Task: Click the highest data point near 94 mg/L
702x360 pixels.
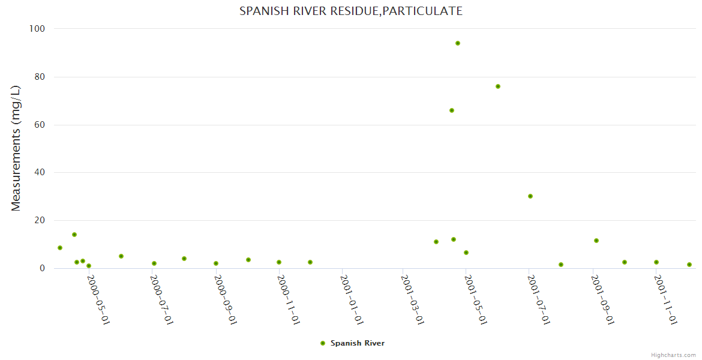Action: (458, 43)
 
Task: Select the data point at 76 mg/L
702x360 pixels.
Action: (498, 86)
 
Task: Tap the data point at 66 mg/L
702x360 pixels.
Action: (452, 110)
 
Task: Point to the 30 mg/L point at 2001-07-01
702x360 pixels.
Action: (530, 196)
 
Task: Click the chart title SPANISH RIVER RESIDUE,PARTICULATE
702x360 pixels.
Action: (351, 11)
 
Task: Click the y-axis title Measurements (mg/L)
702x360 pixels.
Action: (16, 148)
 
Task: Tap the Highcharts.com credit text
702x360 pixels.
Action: (673, 355)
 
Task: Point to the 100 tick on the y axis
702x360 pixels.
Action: (37, 29)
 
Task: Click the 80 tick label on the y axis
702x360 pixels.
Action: (40, 77)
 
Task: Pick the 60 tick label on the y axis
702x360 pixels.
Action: (40, 125)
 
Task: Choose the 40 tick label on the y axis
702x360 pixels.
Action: (40, 173)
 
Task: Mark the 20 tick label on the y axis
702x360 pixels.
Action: (40, 221)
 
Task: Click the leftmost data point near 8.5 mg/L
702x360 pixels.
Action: (60, 248)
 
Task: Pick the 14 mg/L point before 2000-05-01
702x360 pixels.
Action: (74, 235)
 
